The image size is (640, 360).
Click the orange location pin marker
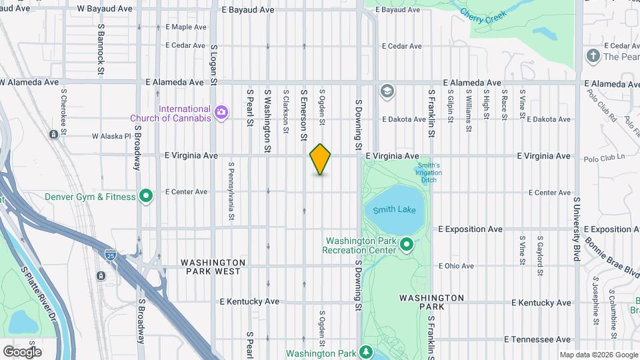click(x=320, y=159)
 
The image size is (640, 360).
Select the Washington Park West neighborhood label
click(x=213, y=267)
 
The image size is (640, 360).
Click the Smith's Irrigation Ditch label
click(x=429, y=173)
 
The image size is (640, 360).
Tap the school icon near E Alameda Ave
click(x=387, y=91)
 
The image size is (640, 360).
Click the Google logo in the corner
click(x=22, y=352)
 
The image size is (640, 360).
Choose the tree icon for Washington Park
click(x=365, y=351)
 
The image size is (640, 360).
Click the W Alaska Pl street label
click(x=100, y=136)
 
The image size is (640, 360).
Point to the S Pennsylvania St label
click(x=231, y=191)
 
